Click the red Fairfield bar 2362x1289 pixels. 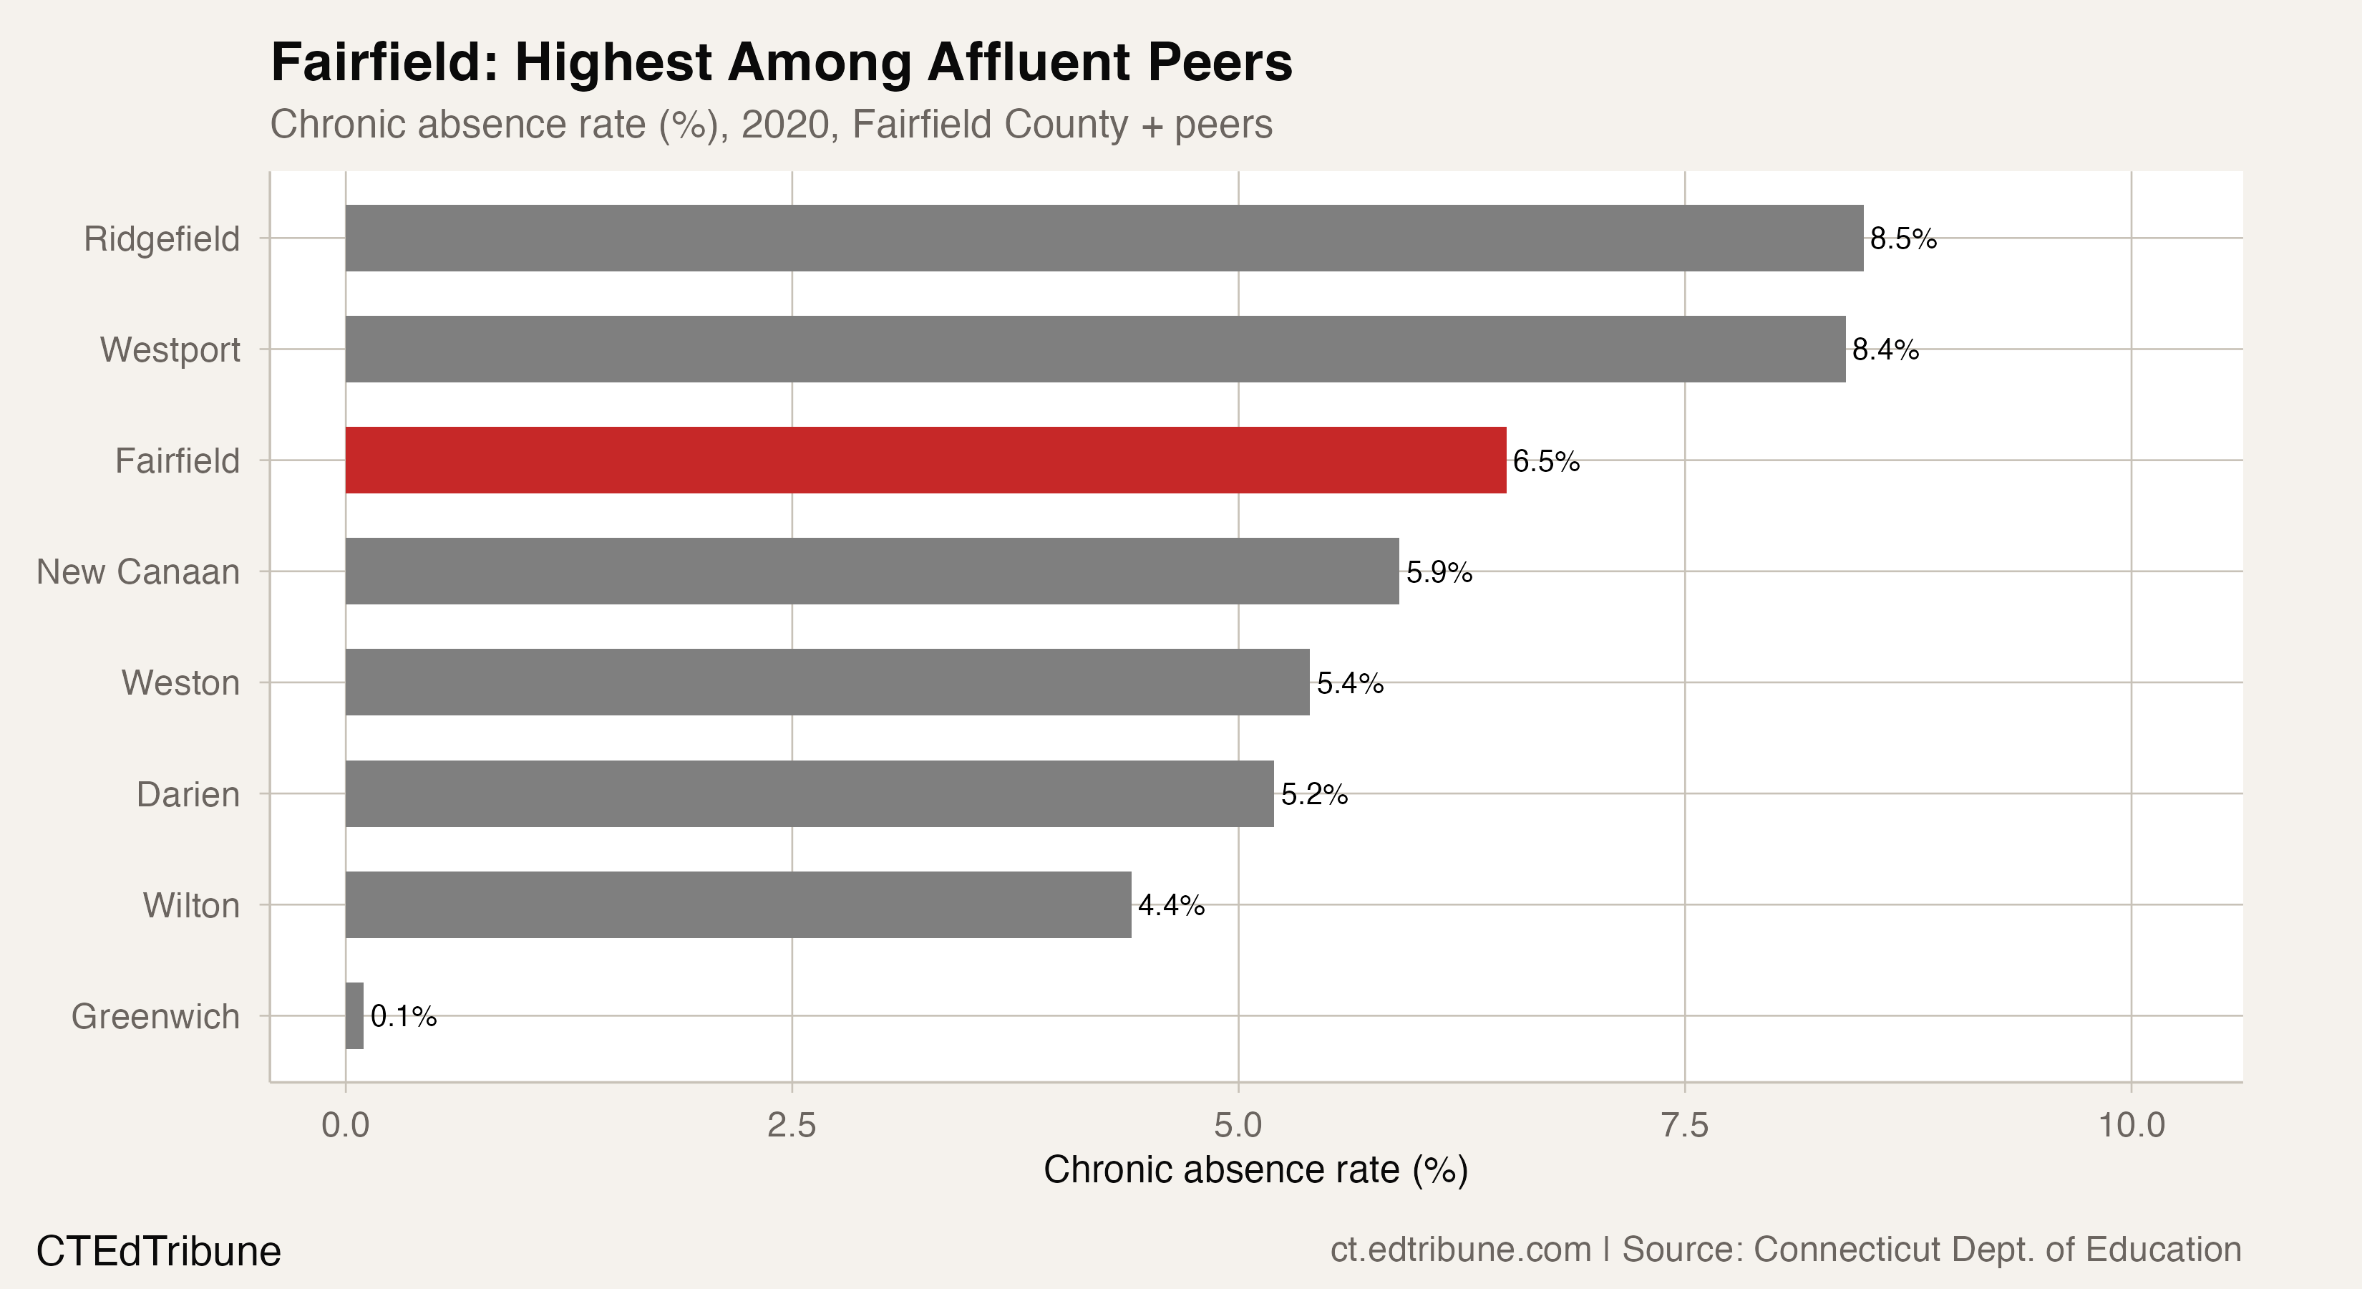(x=925, y=460)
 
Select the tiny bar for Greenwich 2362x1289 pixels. (x=354, y=1015)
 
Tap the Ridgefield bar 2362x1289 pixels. (x=1104, y=238)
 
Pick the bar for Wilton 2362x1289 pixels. (x=738, y=904)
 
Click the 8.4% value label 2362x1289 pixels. (x=1885, y=349)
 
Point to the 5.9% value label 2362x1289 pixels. (x=1439, y=572)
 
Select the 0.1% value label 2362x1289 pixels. (x=404, y=1017)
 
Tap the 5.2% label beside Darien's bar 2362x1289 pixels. (x=1314, y=794)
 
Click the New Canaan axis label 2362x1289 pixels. (x=138, y=571)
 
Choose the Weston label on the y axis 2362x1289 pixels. (x=180, y=682)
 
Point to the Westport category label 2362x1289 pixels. (x=170, y=349)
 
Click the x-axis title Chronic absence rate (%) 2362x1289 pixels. (x=1255, y=1169)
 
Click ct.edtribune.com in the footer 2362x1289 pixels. (x=1461, y=1250)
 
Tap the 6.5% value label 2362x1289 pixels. (x=1546, y=461)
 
